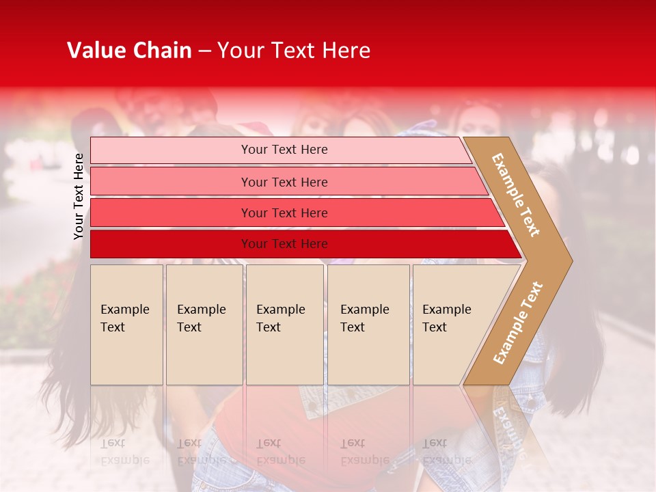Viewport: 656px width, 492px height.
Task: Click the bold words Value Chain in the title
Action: [x=129, y=51]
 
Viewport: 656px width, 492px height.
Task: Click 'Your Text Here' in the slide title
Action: [x=294, y=51]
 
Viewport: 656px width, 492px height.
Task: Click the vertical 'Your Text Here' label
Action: [x=79, y=196]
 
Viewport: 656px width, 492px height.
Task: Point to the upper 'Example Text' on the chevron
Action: [x=516, y=195]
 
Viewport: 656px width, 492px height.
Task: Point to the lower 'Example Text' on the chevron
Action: [x=518, y=323]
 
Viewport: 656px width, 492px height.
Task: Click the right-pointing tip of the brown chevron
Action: [x=567, y=260]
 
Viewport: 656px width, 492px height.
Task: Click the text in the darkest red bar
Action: [x=284, y=244]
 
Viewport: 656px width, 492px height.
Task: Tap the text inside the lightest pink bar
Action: [x=284, y=150]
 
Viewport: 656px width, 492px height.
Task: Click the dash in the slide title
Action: [x=204, y=51]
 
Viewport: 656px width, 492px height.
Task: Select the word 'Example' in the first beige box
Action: [x=124, y=310]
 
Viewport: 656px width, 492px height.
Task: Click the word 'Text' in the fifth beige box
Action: [x=435, y=327]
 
